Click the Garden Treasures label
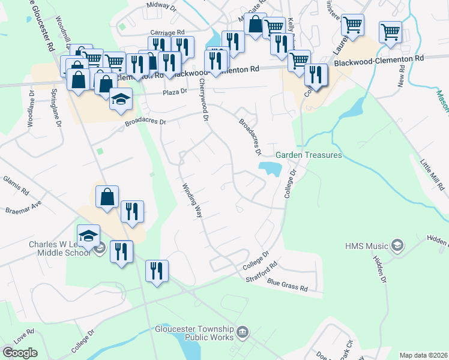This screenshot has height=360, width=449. click(309, 155)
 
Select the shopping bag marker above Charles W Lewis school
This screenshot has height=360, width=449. click(107, 197)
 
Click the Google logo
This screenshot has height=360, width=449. click(19, 353)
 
